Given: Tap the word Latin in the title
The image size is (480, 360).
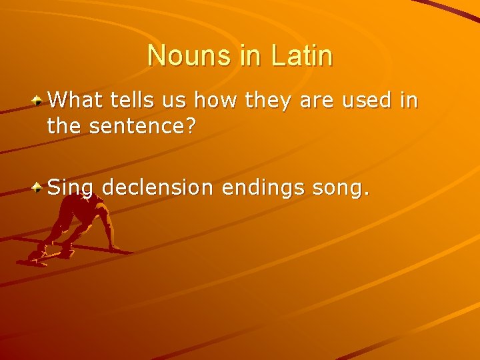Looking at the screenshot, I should pos(302,55).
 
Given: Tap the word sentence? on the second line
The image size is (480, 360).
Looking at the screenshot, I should pos(143,125).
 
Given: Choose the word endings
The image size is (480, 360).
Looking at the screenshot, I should pos(263,188).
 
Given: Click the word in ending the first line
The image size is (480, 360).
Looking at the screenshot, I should pos(408,101).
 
